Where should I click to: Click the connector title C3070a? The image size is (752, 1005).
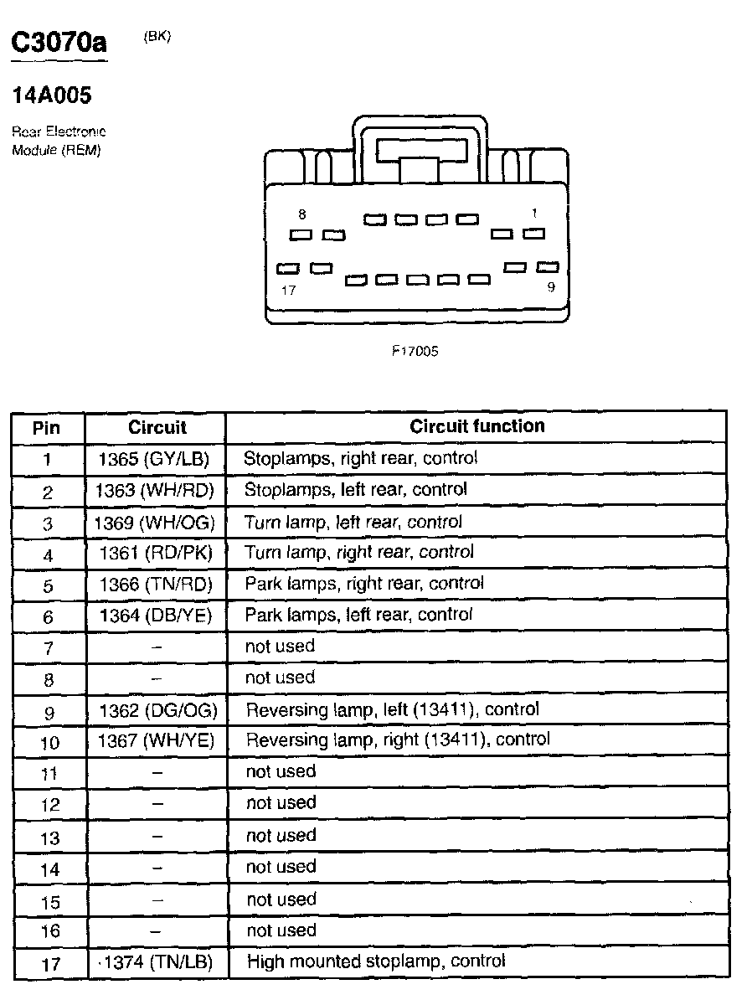(x=59, y=44)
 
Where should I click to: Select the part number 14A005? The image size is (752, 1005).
(x=52, y=96)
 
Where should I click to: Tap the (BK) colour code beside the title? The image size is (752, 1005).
(x=157, y=36)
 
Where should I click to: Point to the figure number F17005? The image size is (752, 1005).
(x=415, y=352)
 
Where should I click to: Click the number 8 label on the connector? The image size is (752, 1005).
(x=302, y=215)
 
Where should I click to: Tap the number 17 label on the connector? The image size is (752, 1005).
(x=289, y=291)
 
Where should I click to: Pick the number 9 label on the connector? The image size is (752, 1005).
(x=550, y=286)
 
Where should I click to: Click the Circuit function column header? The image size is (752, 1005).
(x=477, y=426)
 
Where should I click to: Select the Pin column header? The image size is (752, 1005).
(x=47, y=428)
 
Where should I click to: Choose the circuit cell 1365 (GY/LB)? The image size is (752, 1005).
(x=157, y=459)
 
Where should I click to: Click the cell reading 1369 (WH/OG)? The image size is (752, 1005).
(x=157, y=523)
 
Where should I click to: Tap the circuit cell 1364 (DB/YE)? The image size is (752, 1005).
(x=157, y=616)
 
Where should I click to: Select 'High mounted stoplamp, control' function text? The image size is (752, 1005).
(x=376, y=961)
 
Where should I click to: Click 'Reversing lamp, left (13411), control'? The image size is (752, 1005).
(x=392, y=709)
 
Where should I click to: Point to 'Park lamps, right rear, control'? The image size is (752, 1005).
(x=364, y=583)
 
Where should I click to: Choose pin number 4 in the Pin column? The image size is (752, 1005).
(x=48, y=555)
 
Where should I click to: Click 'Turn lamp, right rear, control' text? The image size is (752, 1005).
(x=359, y=552)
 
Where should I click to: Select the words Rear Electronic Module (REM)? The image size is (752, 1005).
(x=59, y=142)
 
